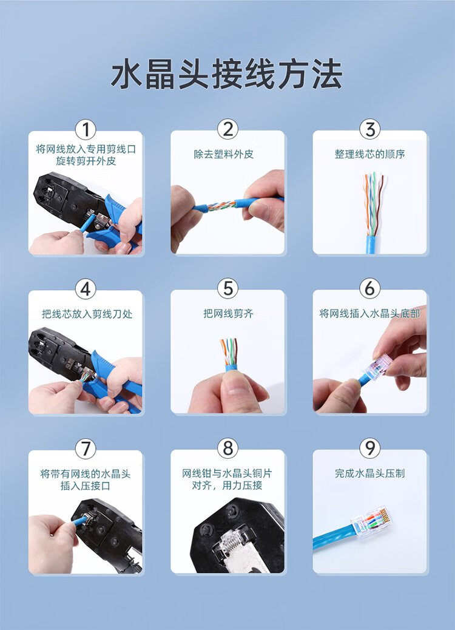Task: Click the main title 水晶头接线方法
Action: (226, 74)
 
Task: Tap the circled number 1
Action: (86, 129)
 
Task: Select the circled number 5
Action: (227, 288)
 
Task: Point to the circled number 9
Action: (370, 448)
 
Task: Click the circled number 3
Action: (370, 129)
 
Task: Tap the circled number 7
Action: (86, 448)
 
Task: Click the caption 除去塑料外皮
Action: (224, 154)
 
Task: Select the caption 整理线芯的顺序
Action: (369, 154)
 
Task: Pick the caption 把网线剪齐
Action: (228, 313)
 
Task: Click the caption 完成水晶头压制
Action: (369, 473)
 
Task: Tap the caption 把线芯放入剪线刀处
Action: (87, 314)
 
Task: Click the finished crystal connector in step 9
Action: (371, 521)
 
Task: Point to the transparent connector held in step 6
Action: (378, 367)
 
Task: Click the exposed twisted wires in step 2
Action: (221, 206)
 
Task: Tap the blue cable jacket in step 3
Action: (371, 244)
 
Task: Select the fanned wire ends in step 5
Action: (229, 351)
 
